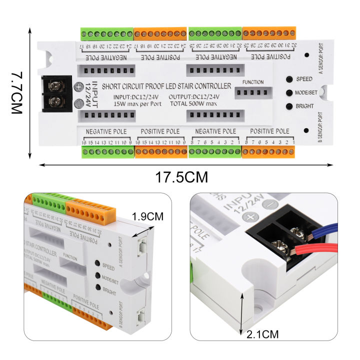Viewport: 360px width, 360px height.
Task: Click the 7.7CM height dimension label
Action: point(16,93)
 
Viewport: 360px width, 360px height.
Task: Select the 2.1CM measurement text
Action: point(262,334)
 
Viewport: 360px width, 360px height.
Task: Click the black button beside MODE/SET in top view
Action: point(289,93)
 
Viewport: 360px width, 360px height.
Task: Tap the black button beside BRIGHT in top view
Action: point(289,106)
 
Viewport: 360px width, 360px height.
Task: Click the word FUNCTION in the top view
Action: point(252,82)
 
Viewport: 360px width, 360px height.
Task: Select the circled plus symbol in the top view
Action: point(78,87)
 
